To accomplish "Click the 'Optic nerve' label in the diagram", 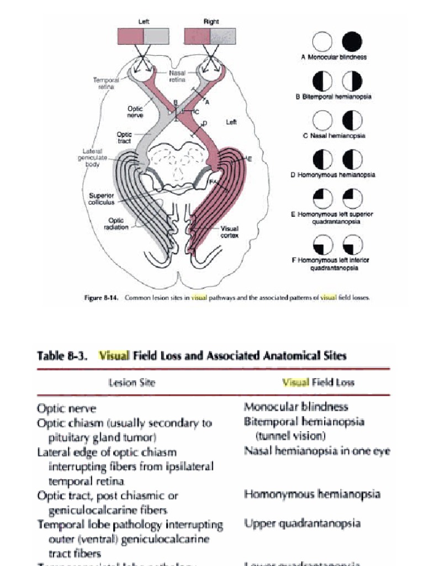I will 135,112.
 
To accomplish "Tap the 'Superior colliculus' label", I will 102,199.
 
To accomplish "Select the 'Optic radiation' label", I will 116,224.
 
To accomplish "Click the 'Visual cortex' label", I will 230,232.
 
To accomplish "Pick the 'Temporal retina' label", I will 105,83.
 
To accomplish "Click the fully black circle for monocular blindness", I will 352,41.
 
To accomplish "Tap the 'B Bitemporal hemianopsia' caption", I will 333,97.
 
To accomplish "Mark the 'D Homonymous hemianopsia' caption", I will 333,175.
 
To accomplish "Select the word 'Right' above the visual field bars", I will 211,22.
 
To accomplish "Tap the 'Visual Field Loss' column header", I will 318,382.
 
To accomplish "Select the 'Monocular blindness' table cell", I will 296,407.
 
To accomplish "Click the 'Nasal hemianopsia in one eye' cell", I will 317,450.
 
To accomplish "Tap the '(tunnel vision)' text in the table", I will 287,436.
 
